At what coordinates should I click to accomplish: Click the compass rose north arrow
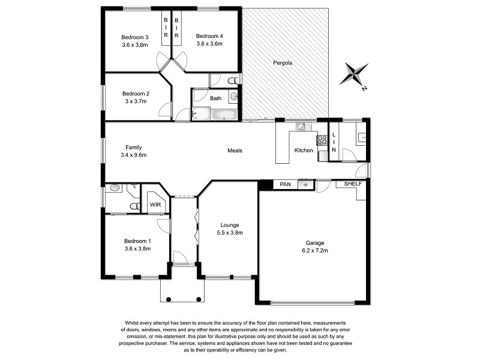click(354, 75)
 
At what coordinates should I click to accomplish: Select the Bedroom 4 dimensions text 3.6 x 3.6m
click(209, 44)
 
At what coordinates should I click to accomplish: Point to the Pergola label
click(283, 62)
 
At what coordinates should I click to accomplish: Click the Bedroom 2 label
click(136, 94)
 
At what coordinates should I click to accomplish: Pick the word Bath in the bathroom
click(215, 98)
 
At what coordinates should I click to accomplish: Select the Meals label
click(235, 151)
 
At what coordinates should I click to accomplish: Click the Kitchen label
click(303, 150)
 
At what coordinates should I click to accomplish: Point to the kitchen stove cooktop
click(322, 140)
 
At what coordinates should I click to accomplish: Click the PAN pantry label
click(285, 185)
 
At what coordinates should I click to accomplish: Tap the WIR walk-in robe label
click(155, 205)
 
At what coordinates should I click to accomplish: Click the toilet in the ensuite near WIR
click(134, 206)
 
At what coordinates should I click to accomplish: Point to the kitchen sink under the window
click(302, 127)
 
